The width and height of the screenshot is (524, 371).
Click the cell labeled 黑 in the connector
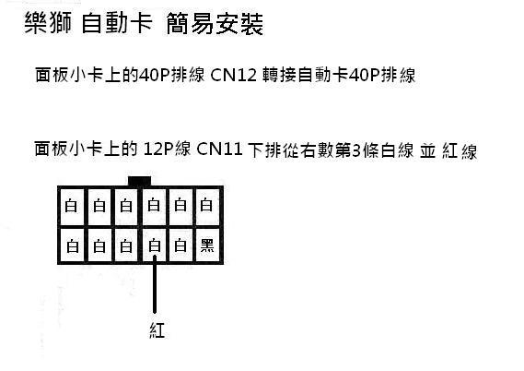click(207, 245)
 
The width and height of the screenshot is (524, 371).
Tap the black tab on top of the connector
click(139, 181)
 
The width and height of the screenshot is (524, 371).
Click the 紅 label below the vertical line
click(157, 330)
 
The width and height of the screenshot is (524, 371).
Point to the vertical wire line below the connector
click(155, 284)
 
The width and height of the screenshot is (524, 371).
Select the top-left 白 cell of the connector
click(71, 207)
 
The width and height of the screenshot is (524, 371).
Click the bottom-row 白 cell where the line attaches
click(154, 245)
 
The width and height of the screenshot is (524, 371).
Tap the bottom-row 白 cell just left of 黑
click(180, 245)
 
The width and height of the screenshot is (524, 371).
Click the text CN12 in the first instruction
click(233, 75)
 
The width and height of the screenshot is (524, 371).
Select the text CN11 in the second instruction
click(219, 150)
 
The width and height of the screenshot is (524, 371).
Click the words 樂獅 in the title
click(48, 23)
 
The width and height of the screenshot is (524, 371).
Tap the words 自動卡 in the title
click(117, 23)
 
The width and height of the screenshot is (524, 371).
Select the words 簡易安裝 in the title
click(215, 23)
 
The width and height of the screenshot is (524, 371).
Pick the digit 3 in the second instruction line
click(356, 150)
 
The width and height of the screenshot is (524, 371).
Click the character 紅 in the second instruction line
click(449, 150)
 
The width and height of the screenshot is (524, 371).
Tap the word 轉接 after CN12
click(279, 75)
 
